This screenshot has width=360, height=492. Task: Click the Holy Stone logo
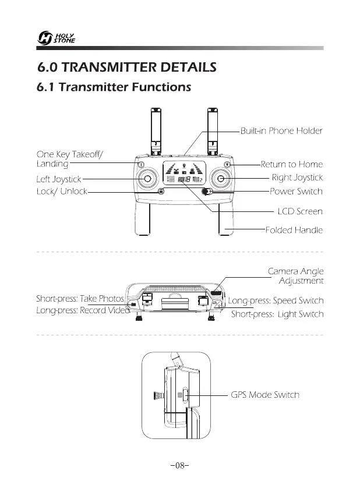pos(55,38)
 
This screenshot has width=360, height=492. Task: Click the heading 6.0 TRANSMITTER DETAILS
pos(126,68)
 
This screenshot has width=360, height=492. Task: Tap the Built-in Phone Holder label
pos(281,131)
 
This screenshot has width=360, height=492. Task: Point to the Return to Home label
pos(291,165)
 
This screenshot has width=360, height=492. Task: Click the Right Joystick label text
pos(297,178)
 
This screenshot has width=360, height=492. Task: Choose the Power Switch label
pos(296,192)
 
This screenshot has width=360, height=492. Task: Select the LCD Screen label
pos(300,211)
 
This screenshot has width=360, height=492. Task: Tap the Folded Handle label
pos(294,231)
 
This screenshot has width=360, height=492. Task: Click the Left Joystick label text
pos(58,179)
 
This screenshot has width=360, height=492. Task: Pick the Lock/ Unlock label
pos(61,192)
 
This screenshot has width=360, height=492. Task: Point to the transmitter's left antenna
pos(156,131)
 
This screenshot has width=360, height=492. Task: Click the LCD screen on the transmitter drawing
pos(184,173)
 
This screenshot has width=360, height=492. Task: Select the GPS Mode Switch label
pos(265,395)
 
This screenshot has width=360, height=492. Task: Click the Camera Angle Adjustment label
pos(295,276)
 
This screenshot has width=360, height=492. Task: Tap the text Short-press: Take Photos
pos(80,299)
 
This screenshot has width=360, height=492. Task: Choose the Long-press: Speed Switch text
pos(275,301)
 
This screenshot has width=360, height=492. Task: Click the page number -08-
pos(180,466)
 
